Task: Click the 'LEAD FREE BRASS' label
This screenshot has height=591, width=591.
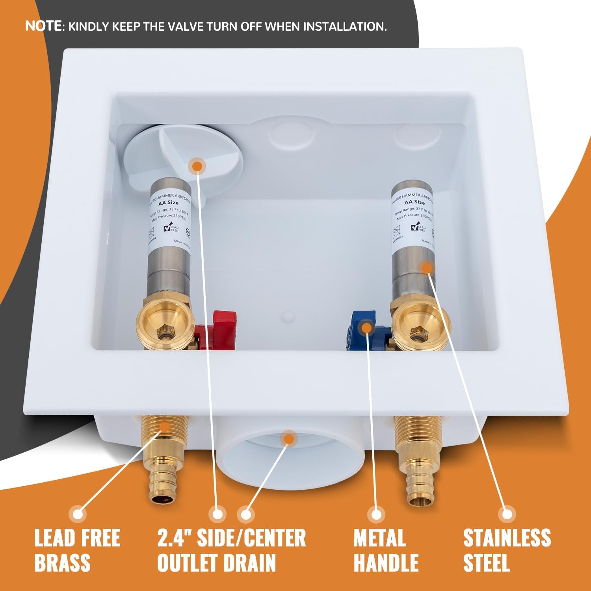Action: [77, 550]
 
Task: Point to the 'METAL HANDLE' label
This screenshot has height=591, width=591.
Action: [386, 550]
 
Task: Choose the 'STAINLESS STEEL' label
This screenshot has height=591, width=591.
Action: [507, 550]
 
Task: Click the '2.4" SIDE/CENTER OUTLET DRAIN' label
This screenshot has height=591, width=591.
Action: [231, 550]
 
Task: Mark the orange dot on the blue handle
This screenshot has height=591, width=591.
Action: [366, 327]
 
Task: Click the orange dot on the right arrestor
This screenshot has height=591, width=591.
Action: [426, 268]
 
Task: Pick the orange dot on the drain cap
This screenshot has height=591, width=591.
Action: [197, 166]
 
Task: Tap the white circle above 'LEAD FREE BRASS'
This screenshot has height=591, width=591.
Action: [78, 514]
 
